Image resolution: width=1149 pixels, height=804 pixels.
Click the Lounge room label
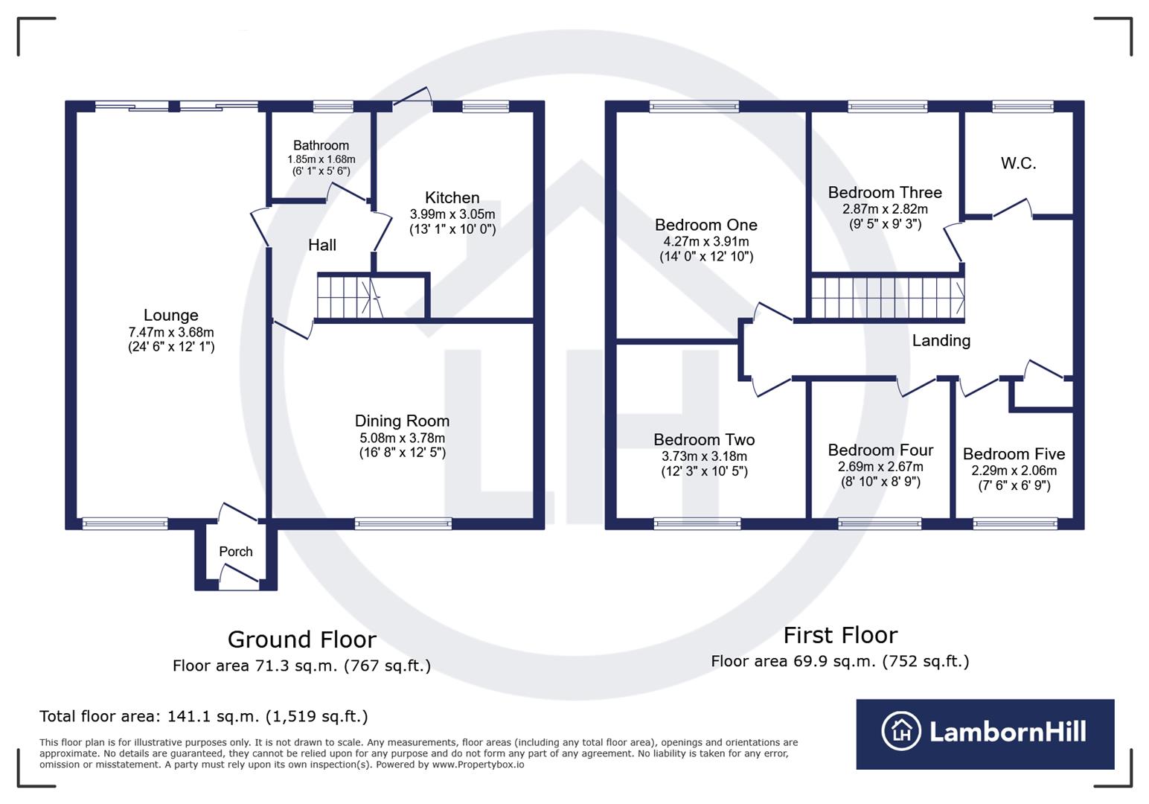pyautogui.click(x=170, y=315)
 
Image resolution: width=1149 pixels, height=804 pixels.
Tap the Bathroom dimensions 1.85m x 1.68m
pyautogui.click(x=321, y=159)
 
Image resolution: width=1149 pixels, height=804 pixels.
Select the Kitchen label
pyautogui.click(x=452, y=197)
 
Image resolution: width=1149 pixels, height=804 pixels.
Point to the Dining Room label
pyautogui.click(x=402, y=421)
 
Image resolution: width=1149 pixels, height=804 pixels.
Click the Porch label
pyautogui.click(x=235, y=552)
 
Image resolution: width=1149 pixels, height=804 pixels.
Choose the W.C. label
pyautogui.click(x=1018, y=163)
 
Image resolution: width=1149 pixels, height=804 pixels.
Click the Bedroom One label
pyautogui.click(x=705, y=225)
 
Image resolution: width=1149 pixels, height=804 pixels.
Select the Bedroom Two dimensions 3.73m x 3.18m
pyautogui.click(x=704, y=456)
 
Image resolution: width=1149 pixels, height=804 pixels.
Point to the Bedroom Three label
pyautogui.click(x=885, y=192)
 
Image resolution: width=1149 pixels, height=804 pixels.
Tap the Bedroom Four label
pyautogui.click(x=880, y=450)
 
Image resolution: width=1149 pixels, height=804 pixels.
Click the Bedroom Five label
pyautogui.click(x=1014, y=454)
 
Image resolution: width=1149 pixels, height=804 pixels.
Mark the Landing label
pyautogui.click(x=941, y=340)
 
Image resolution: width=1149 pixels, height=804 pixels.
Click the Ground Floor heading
pyautogui.click(x=301, y=639)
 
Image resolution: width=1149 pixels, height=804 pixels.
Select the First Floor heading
pyautogui.click(x=840, y=635)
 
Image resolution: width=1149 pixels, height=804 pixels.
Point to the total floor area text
pyautogui.click(x=203, y=716)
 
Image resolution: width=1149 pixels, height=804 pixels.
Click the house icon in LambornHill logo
pyautogui.click(x=900, y=731)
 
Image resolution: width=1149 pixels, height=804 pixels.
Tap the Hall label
pyautogui.click(x=322, y=245)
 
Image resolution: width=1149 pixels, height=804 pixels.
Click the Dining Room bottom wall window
pyautogui.click(x=403, y=524)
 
